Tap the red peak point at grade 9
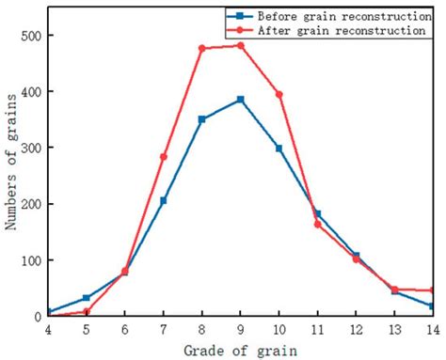click(240, 45)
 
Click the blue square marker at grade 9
click(240, 100)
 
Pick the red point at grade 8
click(202, 48)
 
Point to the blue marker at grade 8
click(202, 119)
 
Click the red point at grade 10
click(279, 94)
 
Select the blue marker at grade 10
click(279, 149)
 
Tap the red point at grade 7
click(164, 157)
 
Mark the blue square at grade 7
click(164, 200)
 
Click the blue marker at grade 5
click(87, 298)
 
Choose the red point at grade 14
click(432, 290)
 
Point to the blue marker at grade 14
click(432, 306)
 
